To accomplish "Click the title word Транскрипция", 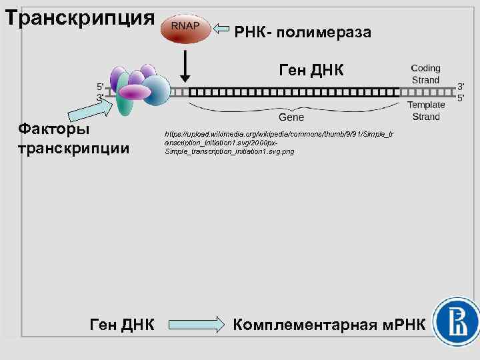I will (x=79, y=17).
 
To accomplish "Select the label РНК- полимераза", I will (x=303, y=31).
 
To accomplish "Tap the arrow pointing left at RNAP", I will (x=222, y=29).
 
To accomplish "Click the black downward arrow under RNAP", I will (x=185, y=66).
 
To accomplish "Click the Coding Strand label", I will (x=425, y=74).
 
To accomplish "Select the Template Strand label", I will (x=426, y=111).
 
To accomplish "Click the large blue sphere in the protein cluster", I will (x=156, y=90).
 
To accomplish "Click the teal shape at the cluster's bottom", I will (x=123, y=103).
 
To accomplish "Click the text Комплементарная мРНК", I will (x=329, y=325).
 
